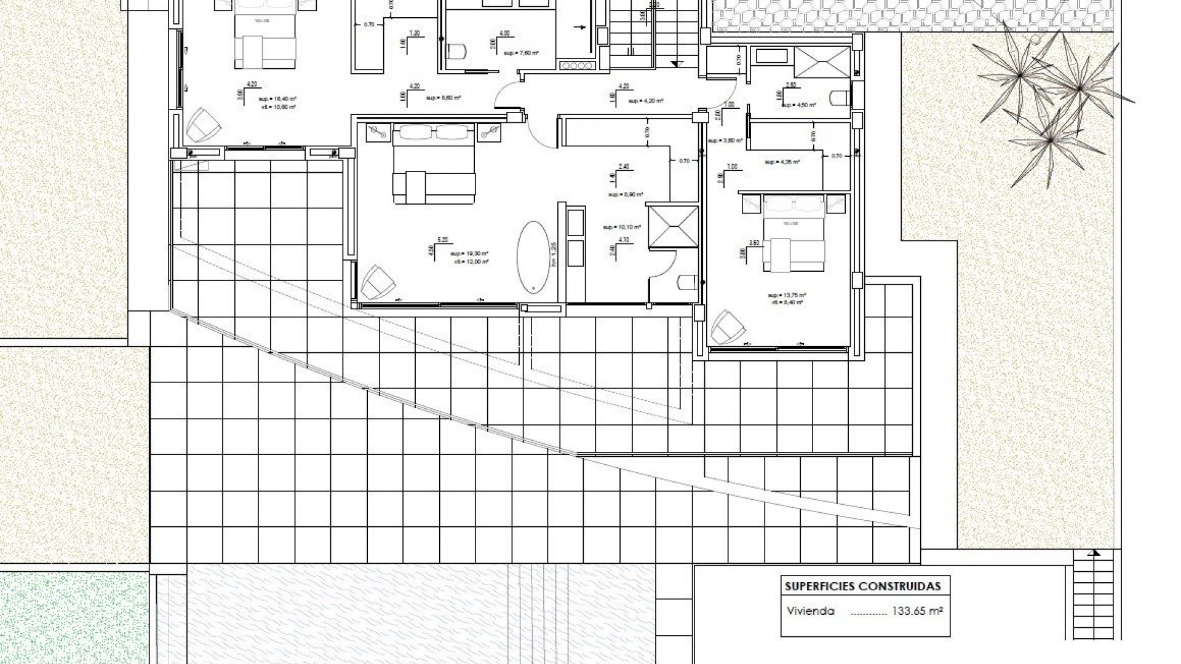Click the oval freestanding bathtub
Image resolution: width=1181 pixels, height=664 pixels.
[x=533, y=256]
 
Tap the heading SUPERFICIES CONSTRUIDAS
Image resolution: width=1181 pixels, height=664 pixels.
[x=862, y=586]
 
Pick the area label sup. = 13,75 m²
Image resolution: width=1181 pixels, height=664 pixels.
[x=788, y=295]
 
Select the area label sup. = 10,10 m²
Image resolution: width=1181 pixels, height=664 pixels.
[x=622, y=227]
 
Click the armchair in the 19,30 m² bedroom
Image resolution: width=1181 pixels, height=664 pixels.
[x=376, y=283]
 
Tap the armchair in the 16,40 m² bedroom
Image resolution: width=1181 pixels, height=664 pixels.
[x=204, y=125]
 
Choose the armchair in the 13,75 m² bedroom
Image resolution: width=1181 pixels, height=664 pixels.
[x=728, y=326]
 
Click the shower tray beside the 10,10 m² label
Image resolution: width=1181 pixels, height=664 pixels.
[x=673, y=227]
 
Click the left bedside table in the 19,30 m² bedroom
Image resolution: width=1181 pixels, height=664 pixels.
[x=376, y=131]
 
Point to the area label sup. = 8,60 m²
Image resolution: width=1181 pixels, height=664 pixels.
[x=443, y=98]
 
